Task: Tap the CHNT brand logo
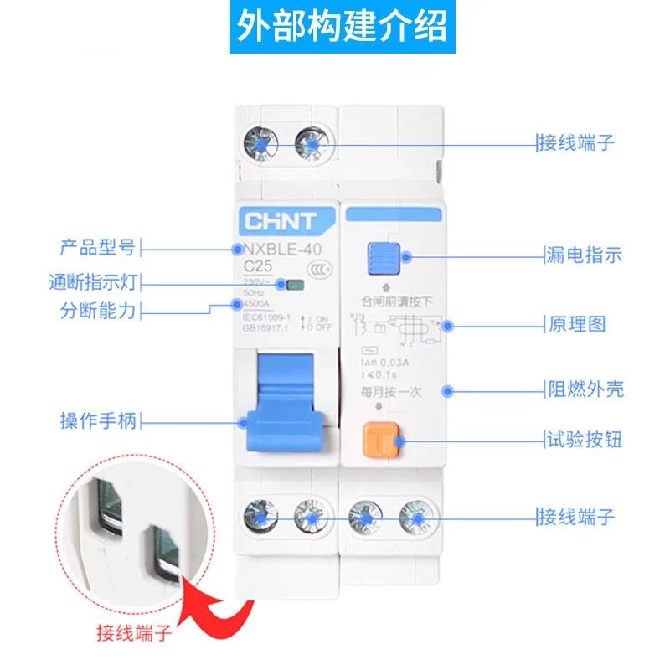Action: [x=280, y=221]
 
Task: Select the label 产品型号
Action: [x=97, y=248]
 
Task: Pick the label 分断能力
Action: [x=97, y=311]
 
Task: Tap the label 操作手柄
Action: [x=97, y=420]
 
